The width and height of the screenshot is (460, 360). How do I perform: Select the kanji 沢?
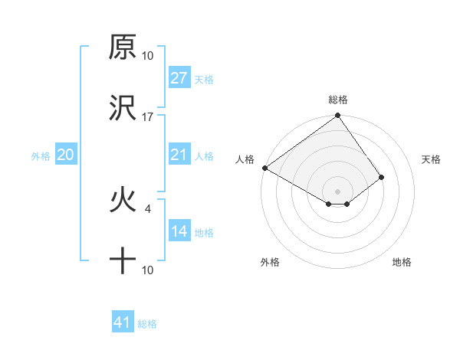(x=123, y=109)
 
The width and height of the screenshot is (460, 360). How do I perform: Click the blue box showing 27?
(x=179, y=78)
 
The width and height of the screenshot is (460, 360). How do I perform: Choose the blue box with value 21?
(x=179, y=155)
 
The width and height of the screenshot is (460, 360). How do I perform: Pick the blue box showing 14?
(x=179, y=231)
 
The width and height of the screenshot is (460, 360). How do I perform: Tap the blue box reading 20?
(x=66, y=155)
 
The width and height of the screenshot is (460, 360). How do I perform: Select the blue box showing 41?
(x=123, y=322)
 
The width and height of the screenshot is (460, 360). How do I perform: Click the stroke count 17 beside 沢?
(x=148, y=116)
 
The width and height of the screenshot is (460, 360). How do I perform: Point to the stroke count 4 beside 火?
(x=148, y=208)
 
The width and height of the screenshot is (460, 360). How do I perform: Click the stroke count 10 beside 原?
(x=148, y=55)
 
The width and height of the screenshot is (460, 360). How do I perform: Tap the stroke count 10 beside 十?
(x=148, y=270)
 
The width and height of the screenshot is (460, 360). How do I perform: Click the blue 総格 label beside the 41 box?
(x=147, y=324)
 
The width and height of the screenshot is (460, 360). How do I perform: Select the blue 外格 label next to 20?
(x=41, y=156)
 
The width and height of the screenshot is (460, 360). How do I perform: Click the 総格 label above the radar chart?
(x=338, y=100)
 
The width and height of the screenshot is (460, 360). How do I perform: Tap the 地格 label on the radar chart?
(x=402, y=262)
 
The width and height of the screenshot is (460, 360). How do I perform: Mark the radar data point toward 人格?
(x=264, y=168)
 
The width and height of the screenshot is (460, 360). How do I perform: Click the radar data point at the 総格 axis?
(x=337, y=116)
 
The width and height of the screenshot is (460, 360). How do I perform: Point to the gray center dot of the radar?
(x=337, y=191)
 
